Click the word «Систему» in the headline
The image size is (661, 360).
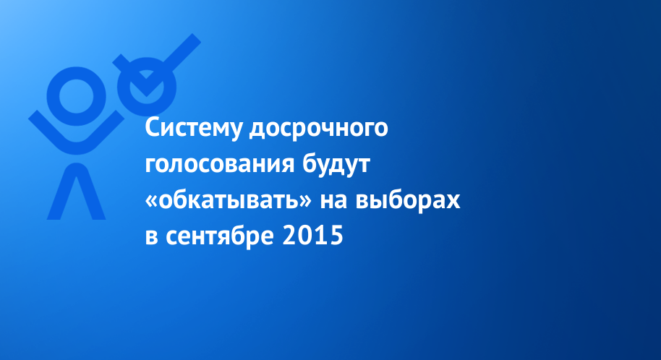[194, 128]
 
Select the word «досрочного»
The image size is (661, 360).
[318, 129]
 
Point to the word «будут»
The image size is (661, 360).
[336, 164]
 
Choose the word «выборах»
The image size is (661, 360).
[408, 200]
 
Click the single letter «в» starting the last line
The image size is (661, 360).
[152, 237]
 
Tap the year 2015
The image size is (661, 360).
[313, 236]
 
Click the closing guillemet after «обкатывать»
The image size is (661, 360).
[304, 202]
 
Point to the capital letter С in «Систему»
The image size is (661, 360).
[153, 128]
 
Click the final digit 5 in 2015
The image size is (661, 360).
[336, 236]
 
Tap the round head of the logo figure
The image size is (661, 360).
[77, 96]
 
